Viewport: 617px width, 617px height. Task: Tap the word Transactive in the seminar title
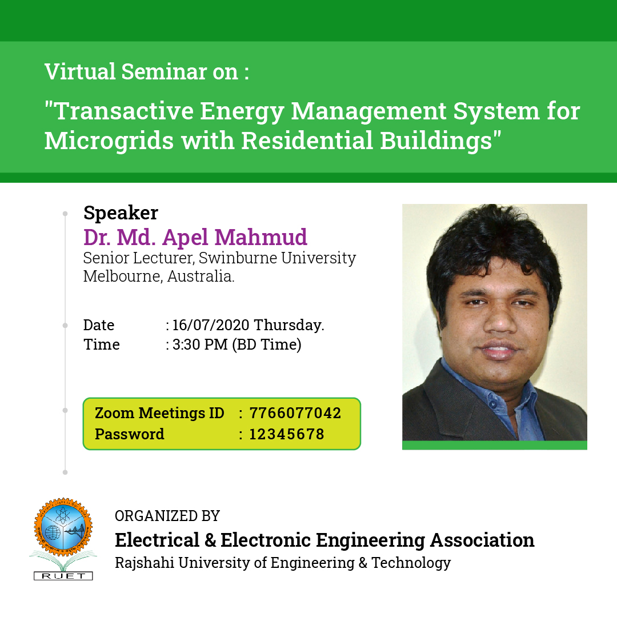coord(123,111)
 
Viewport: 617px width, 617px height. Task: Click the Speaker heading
coord(121,213)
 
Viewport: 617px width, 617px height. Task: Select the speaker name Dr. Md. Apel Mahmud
coord(195,237)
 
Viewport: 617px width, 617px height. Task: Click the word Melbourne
coord(122,277)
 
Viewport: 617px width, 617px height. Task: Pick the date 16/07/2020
coord(211,325)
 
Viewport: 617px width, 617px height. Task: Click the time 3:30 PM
coord(200,344)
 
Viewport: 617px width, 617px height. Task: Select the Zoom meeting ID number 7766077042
coord(295,413)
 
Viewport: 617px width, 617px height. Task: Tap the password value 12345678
coord(287,434)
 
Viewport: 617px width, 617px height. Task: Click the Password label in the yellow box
coord(130,434)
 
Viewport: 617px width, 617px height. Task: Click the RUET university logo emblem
coord(63,527)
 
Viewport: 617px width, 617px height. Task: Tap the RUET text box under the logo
coord(63,576)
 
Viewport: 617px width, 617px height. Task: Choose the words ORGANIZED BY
coord(167,516)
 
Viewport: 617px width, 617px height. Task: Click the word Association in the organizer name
coord(482,540)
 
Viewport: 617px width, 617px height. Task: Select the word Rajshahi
coord(145,563)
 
